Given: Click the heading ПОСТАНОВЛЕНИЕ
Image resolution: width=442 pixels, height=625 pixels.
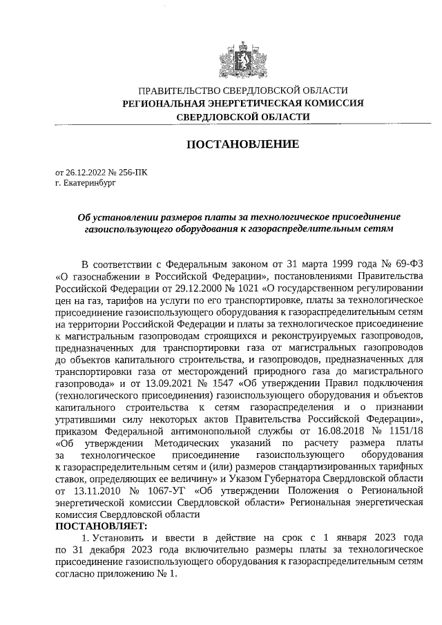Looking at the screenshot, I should click(x=243, y=144).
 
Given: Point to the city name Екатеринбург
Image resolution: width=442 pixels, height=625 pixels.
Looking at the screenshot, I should click(x=86, y=184).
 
